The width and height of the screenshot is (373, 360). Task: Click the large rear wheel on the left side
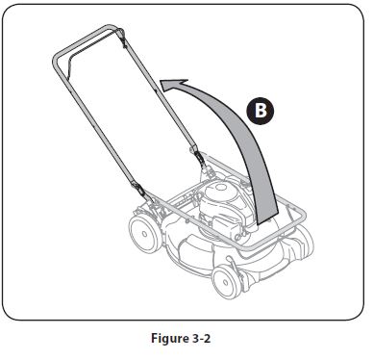click(144, 234)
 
